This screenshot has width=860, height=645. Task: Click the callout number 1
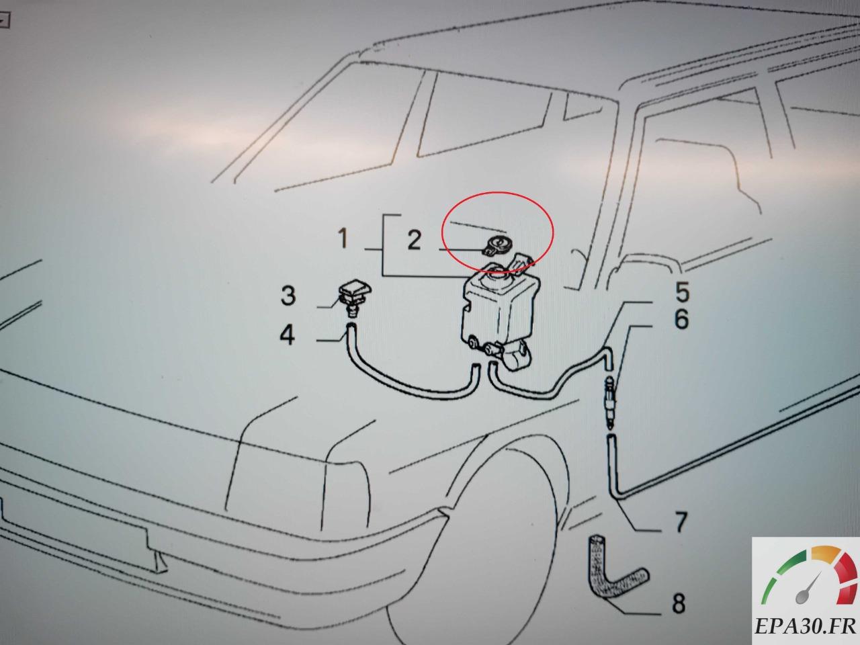343,239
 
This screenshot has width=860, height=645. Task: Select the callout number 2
414,241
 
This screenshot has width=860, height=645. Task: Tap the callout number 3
288,296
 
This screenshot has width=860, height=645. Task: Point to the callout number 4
287,336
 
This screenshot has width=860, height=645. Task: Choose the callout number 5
682,292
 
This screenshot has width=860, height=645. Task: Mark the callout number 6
682,319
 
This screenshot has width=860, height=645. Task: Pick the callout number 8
679,603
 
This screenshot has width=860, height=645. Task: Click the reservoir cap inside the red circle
495,247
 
